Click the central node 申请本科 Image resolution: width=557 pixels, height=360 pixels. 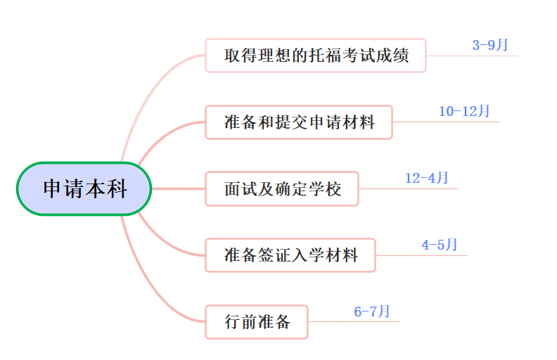tap(84, 188)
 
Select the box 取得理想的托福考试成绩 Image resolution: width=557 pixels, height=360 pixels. tap(316, 56)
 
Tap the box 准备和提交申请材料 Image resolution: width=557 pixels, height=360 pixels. tap(299, 122)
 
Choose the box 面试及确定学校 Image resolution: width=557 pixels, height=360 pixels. tap(282, 188)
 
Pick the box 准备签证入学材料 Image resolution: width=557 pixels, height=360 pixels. tap(290, 255)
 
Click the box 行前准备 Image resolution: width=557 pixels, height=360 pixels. tap(257, 322)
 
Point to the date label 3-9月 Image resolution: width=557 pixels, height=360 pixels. tap(490, 46)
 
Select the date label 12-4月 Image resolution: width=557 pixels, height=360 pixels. tap(426, 178)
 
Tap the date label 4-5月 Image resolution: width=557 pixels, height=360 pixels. tap(440, 245)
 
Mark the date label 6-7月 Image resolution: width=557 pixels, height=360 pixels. tap(372, 311)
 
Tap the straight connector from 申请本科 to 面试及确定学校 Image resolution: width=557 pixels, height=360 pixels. tap(178, 188)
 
